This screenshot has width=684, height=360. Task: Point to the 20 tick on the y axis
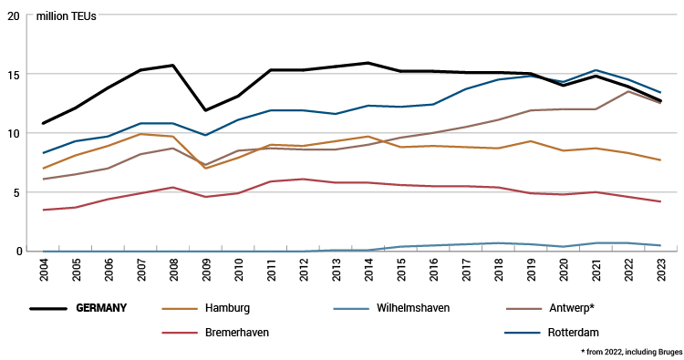pos(12,16)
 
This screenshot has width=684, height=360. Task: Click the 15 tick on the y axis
pos(12,75)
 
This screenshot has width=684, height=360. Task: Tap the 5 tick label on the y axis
pos(15,192)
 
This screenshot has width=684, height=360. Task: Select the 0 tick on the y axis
pos(15,251)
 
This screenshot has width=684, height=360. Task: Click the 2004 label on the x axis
pos(43,271)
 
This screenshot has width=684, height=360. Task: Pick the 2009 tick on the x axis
pos(205,271)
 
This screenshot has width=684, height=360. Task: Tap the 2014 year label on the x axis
pos(368,271)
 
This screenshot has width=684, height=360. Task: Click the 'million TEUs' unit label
pos(66,16)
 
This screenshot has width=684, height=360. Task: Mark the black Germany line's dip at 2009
pos(205,110)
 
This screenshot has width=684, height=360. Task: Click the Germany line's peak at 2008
pos(172,66)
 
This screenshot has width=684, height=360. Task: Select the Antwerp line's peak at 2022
pos(627,91)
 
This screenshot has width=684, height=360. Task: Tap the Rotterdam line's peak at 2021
pos(595,70)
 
